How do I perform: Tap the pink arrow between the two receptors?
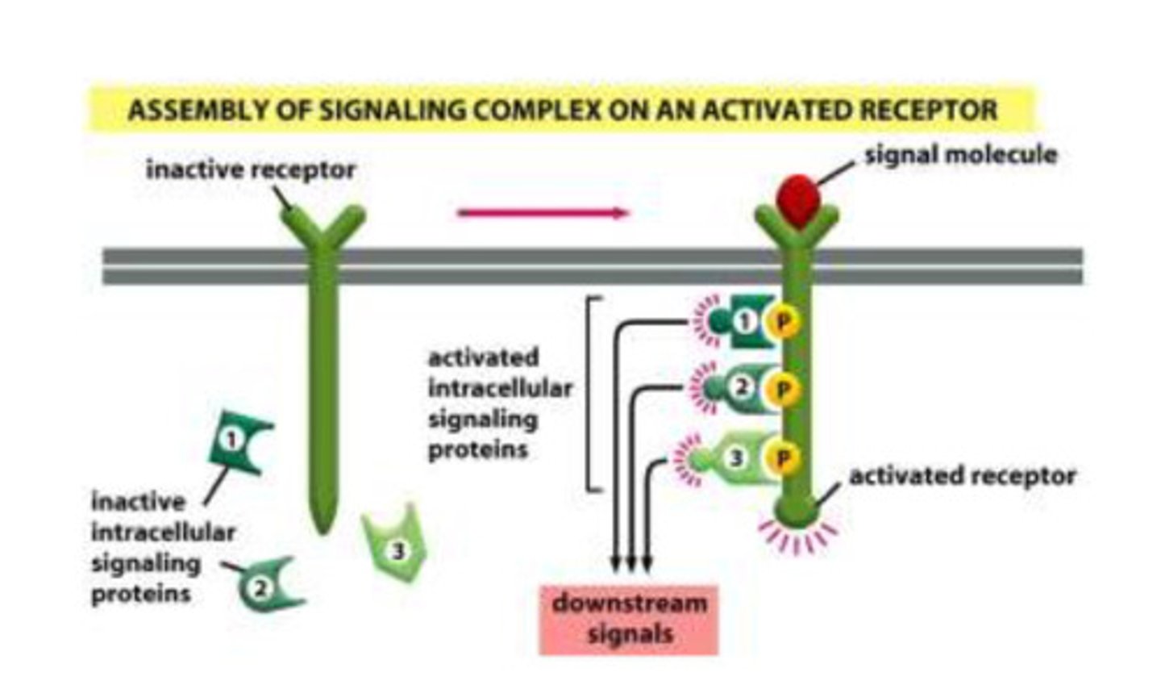(543, 213)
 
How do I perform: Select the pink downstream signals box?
(629, 619)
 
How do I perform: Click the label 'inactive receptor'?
(250, 170)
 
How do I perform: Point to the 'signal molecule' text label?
(960, 154)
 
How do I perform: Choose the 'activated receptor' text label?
(962, 476)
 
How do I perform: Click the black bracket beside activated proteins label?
(593, 393)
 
